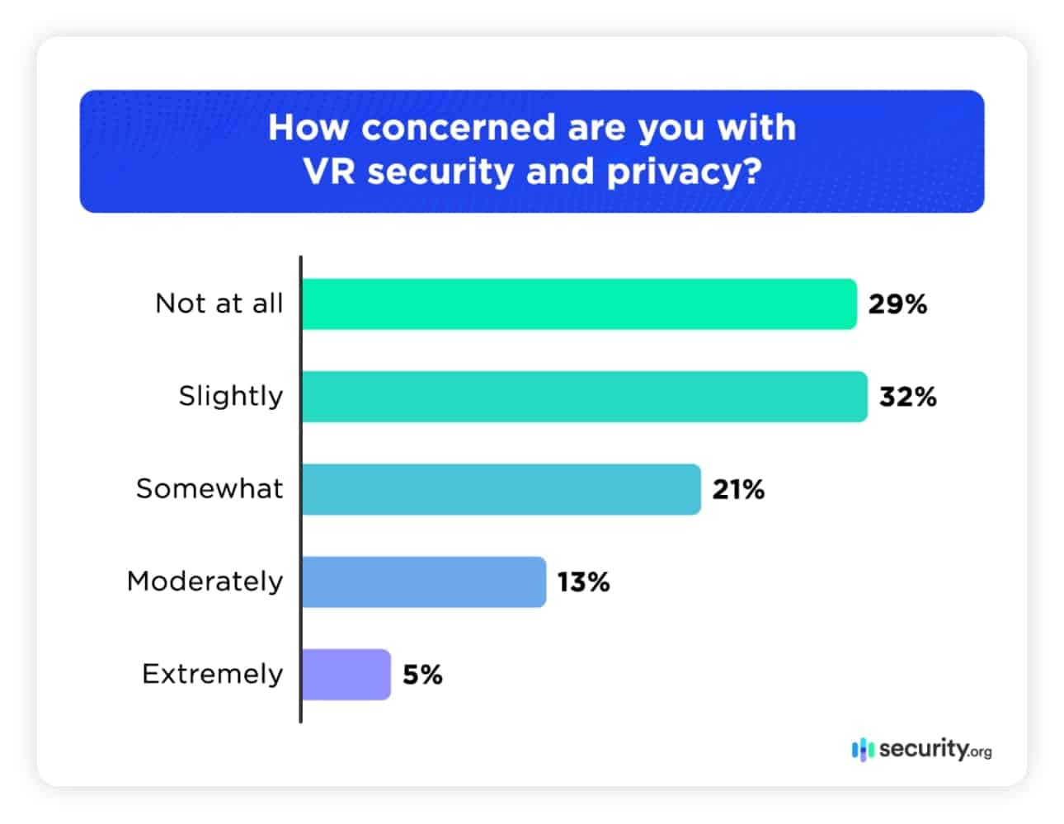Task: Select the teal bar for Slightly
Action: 584,397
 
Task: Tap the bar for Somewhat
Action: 501,489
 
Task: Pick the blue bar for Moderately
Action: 423,582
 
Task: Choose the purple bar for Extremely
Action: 346,675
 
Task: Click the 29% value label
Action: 897,304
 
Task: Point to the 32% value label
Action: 907,397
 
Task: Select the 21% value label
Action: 738,489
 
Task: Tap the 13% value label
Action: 583,582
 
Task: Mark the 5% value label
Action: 422,675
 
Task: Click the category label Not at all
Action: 219,304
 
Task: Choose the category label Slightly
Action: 230,397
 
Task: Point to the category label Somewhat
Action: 210,488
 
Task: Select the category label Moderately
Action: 205,581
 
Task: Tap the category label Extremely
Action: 212,674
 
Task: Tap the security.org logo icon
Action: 862,750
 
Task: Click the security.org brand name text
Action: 935,749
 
